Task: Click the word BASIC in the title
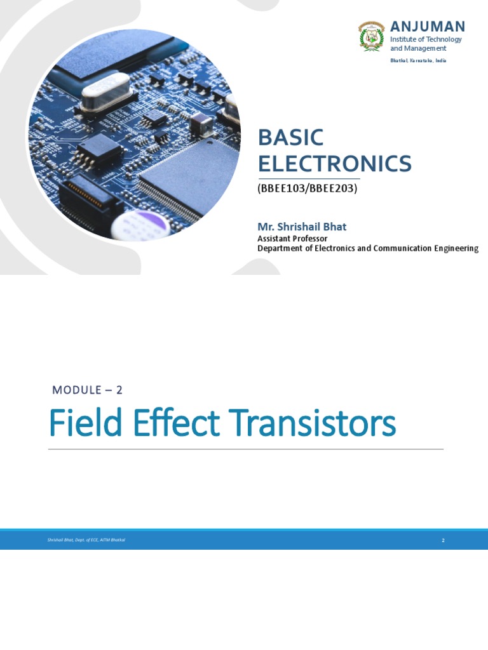290,138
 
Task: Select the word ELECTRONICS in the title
334,164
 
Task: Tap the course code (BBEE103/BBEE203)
307,189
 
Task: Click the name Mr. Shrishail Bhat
302,227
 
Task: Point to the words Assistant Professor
292,239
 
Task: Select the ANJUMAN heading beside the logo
427,27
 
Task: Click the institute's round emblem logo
372,36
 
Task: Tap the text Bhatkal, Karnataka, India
417,60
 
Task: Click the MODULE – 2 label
87,390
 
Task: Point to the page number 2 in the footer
443,540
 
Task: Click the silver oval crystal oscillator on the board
106,89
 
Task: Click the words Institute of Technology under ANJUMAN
426,39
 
